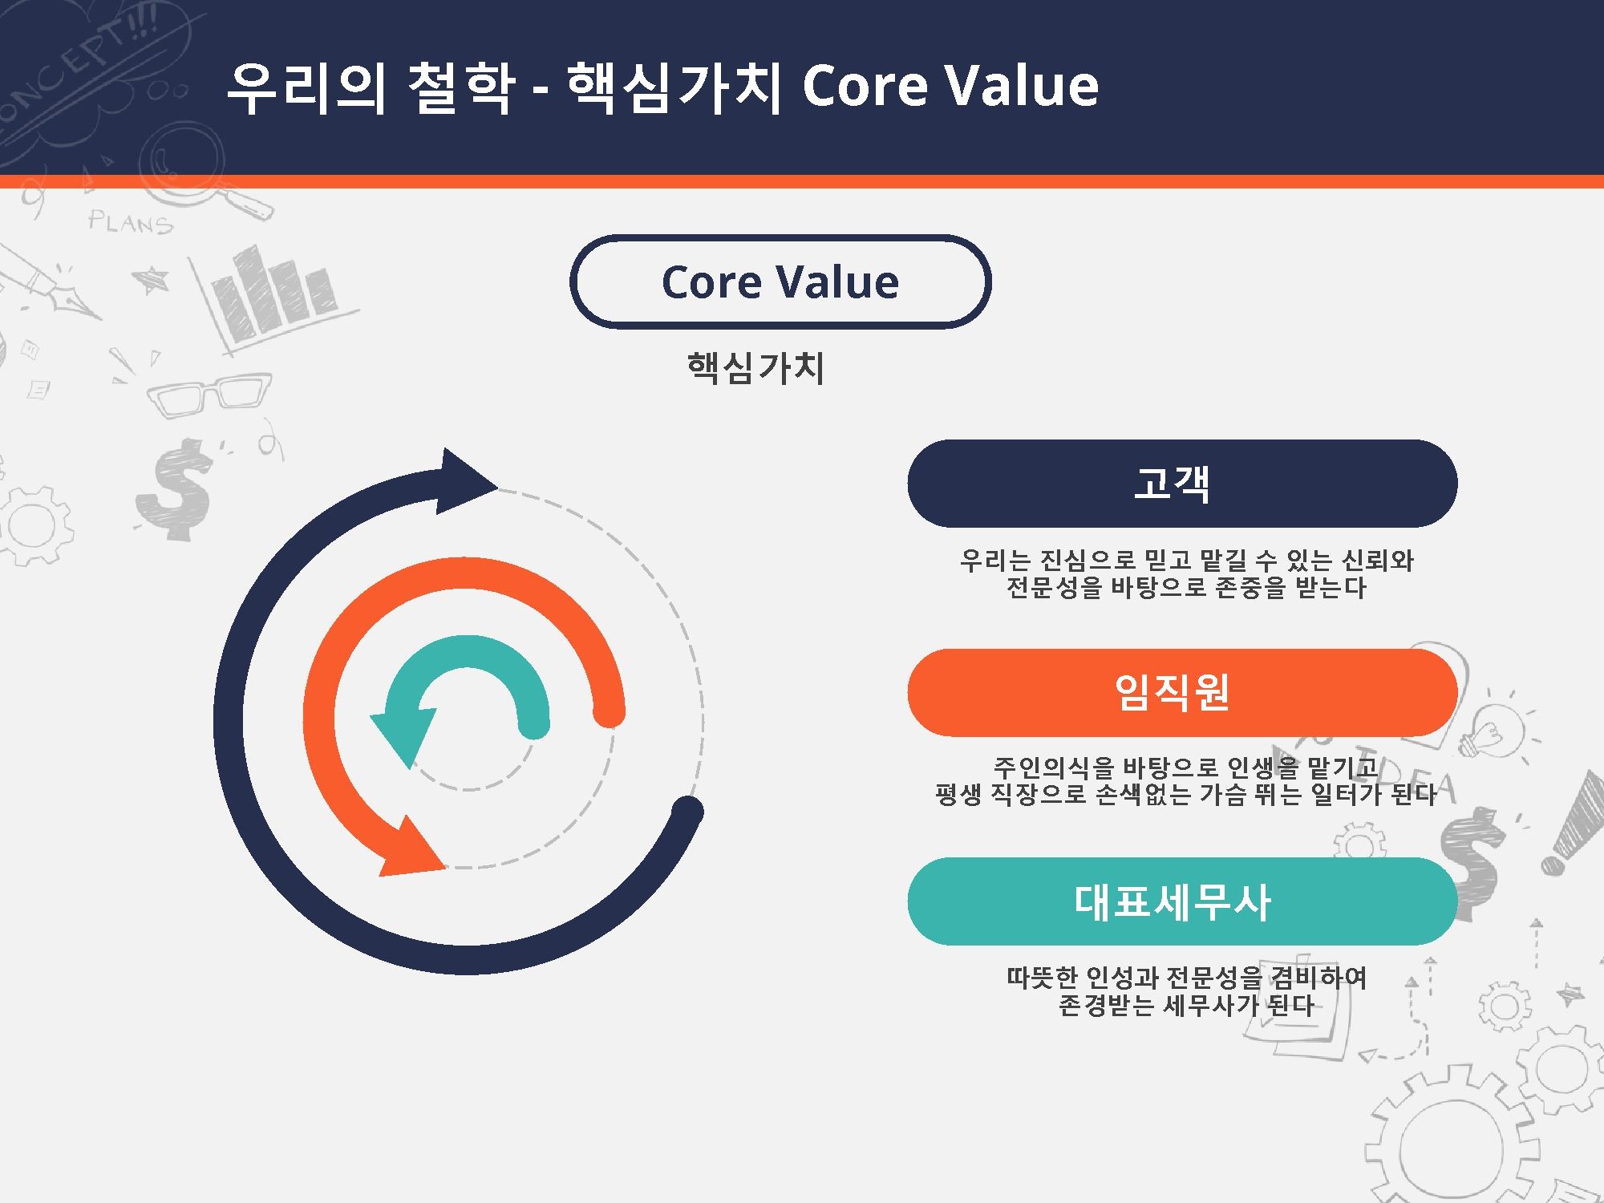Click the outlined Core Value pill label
point(780,282)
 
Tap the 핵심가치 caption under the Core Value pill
point(755,368)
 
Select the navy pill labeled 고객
point(1182,483)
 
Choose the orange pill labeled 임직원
point(1182,692)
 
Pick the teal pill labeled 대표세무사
point(1182,901)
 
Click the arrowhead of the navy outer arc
point(465,481)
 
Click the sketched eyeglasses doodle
point(209,395)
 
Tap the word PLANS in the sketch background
point(131,222)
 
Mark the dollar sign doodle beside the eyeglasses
point(174,489)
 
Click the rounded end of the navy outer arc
point(687,812)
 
